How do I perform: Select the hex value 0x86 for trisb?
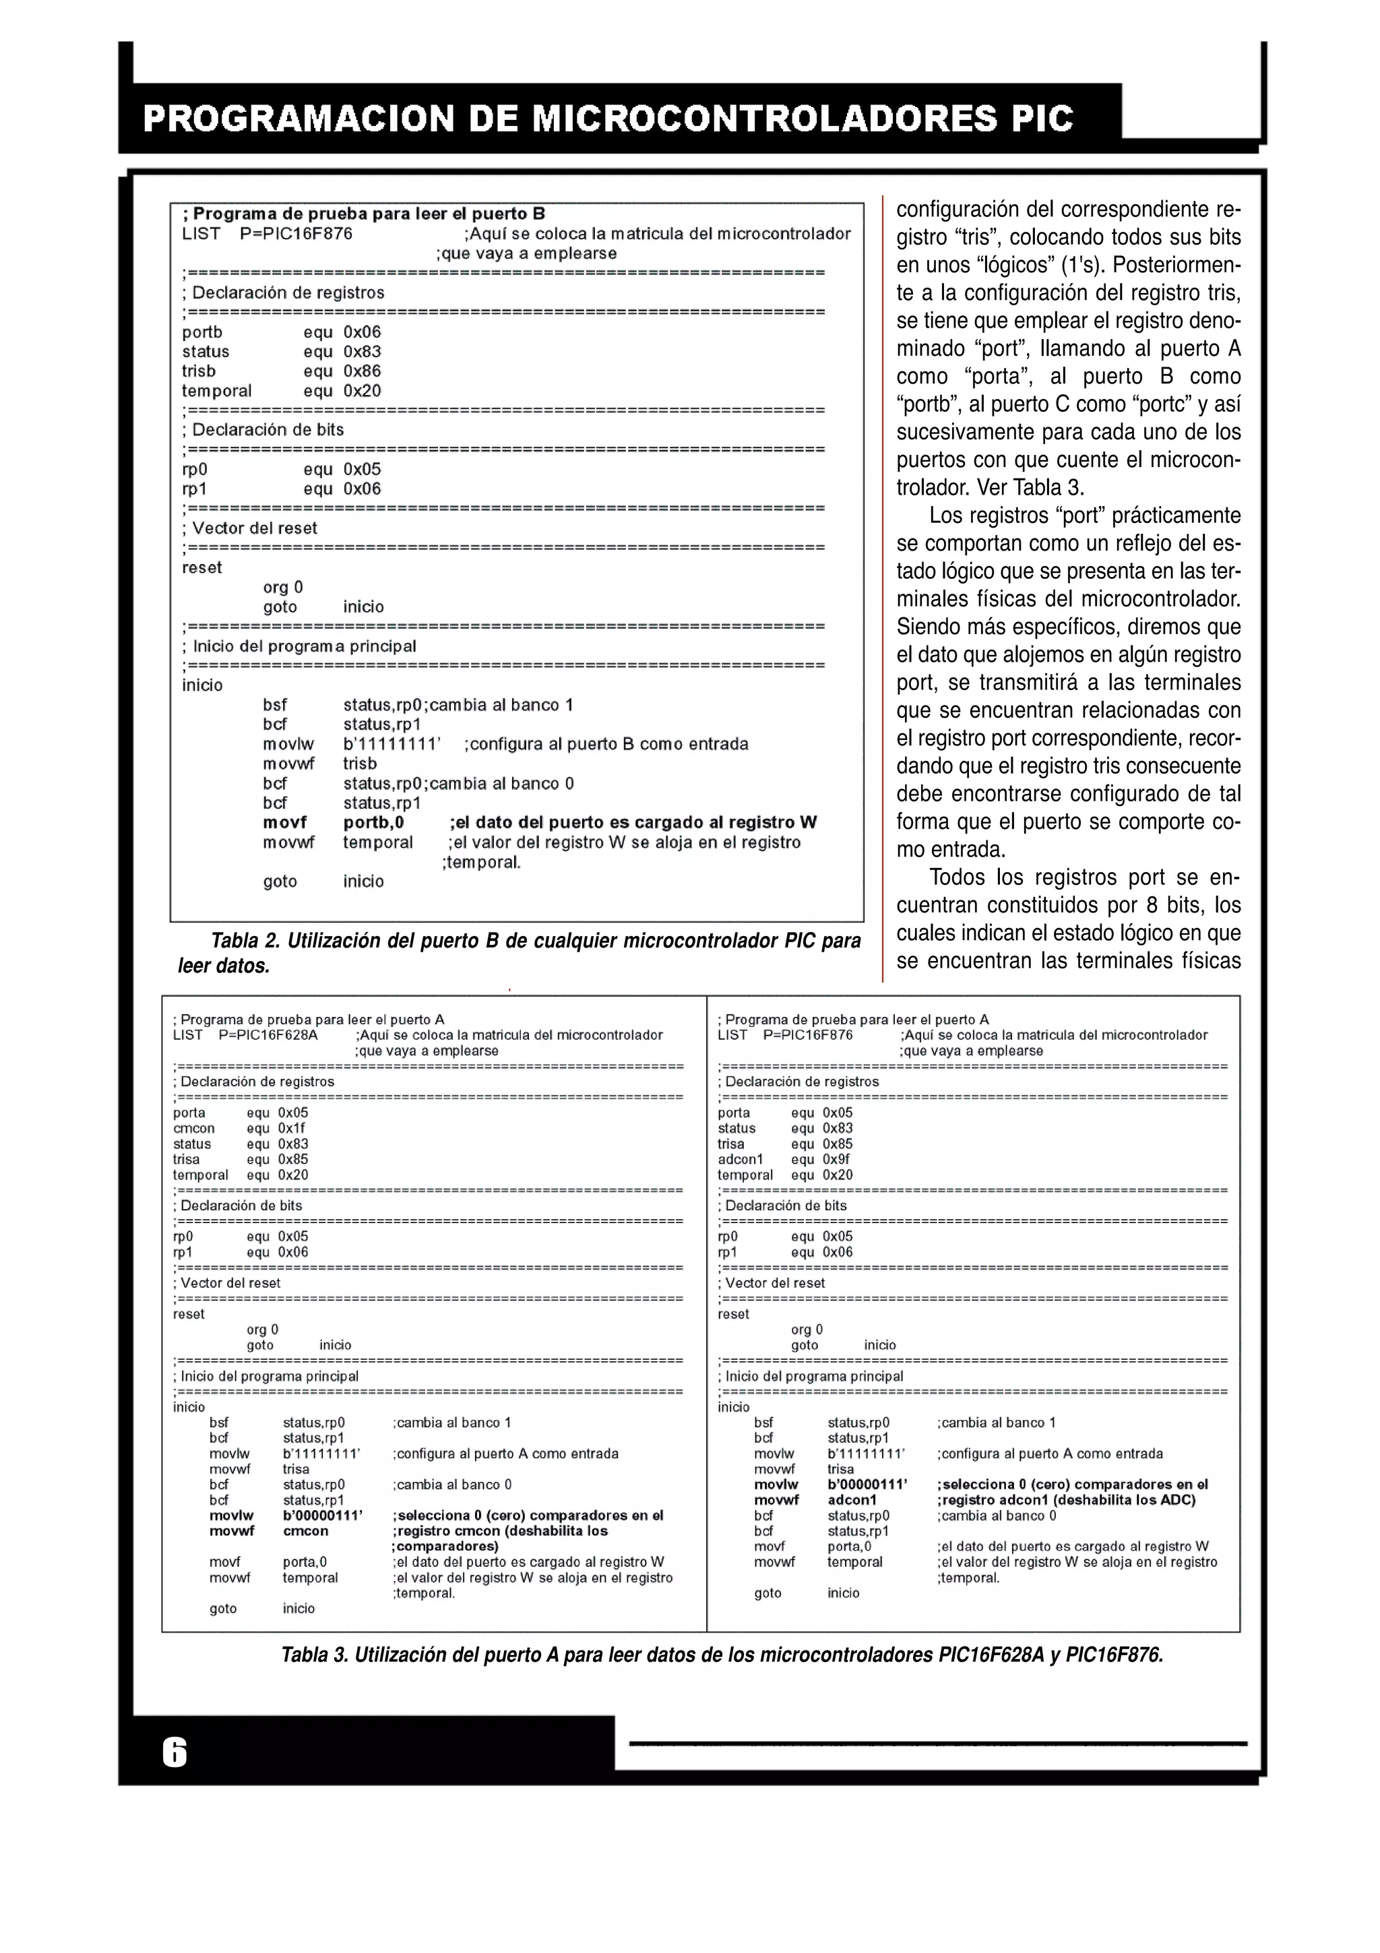point(363,371)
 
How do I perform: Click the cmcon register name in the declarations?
point(194,1128)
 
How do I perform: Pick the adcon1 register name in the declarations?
point(741,1159)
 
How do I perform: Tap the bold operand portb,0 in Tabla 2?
point(373,823)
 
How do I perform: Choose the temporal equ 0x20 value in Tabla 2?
point(363,392)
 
